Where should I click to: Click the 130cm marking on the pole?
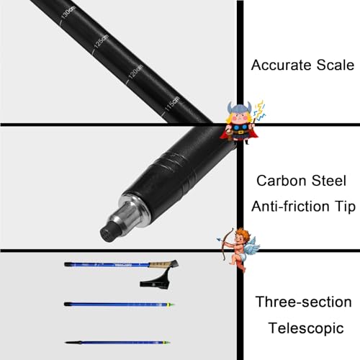(x=68, y=12)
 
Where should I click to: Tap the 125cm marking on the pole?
(x=102, y=41)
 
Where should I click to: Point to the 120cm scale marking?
(x=136, y=72)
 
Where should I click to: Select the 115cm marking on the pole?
(x=172, y=103)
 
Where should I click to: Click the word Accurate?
(x=282, y=65)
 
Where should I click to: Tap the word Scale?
(x=336, y=65)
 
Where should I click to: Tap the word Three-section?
(x=303, y=302)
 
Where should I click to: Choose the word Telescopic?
(x=306, y=328)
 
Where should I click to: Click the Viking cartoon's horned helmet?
(x=240, y=109)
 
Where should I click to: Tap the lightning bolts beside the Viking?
(x=260, y=111)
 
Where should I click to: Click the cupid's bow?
(x=227, y=245)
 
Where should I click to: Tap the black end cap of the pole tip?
(x=109, y=232)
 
